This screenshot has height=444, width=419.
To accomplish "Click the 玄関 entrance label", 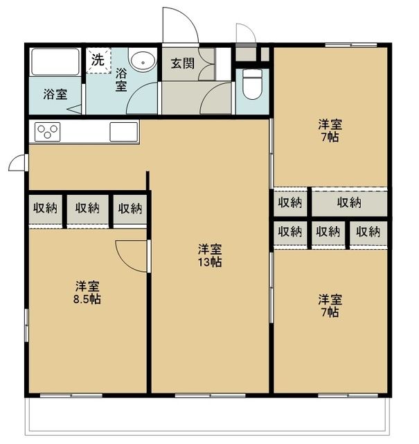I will click(x=182, y=63).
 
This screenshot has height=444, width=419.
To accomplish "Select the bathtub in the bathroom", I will click(x=55, y=64).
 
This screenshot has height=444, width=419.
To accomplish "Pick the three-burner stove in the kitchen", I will click(x=48, y=131).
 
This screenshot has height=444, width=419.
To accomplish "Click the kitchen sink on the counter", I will click(x=124, y=131).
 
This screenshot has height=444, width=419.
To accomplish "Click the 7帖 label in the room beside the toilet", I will click(x=330, y=137).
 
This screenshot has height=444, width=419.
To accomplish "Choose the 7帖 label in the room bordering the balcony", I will click(x=330, y=312).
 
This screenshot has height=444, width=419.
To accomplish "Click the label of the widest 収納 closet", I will click(x=349, y=203).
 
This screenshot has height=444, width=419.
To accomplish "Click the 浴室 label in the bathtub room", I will click(x=55, y=94).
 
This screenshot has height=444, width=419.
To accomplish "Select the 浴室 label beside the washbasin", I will click(x=121, y=79).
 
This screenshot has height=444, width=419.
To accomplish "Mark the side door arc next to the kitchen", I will click(x=19, y=163).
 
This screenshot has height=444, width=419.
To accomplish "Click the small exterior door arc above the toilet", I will click(x=245, y=33).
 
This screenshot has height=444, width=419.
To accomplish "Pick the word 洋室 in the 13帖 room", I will click(x=210, y=249).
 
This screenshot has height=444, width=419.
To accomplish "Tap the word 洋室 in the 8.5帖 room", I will click(x=89, y=286).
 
